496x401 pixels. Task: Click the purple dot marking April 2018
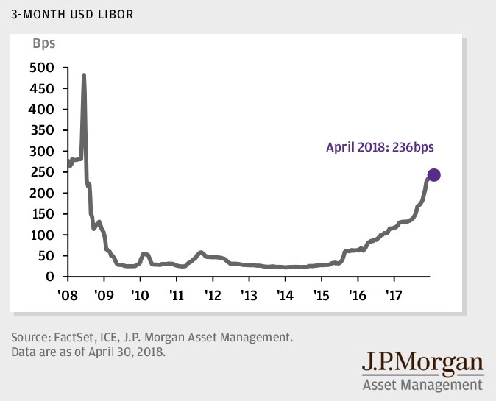[433, 175]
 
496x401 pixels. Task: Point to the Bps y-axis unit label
[43, 43]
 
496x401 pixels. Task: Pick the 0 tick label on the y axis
[51, 277]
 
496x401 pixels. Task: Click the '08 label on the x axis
[68, 293]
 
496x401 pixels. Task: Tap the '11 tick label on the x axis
[177, 293]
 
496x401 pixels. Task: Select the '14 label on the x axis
[286, 293]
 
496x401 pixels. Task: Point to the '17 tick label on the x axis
[394, 293]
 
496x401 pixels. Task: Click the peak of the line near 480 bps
[83, 76]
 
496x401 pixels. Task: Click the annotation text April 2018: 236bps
[380, 147]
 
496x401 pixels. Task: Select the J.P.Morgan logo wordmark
[422, 364]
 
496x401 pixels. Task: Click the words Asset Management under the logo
[422, 384]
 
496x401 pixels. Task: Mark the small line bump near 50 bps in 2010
[144, 255]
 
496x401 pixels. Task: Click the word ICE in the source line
[115, 338]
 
